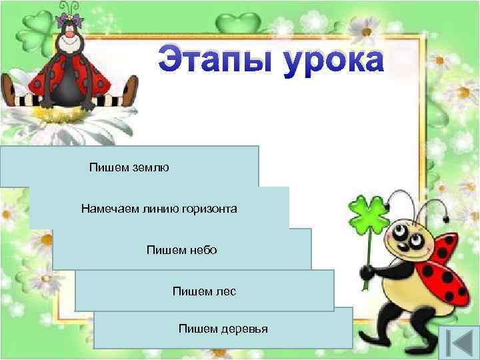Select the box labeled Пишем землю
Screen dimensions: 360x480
[129, 166]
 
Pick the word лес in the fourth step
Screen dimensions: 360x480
[226, 291]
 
